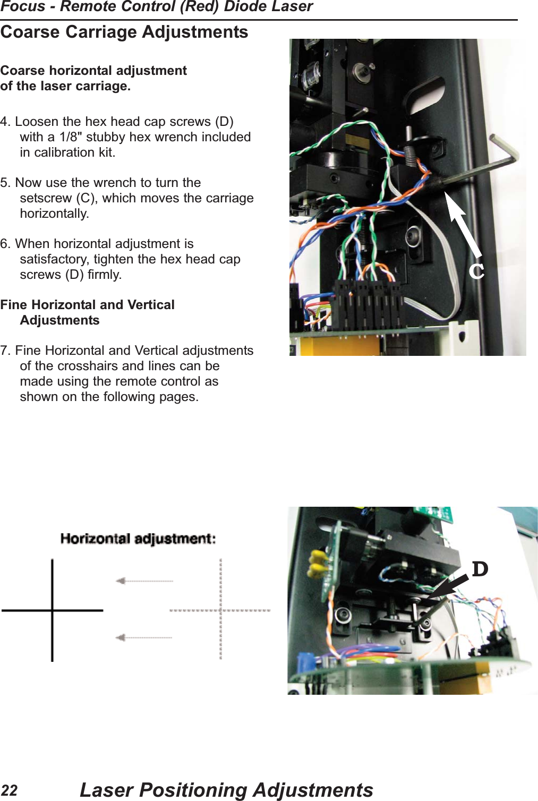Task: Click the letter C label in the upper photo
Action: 476,271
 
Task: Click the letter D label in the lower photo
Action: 480,569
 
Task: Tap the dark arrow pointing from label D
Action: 447,588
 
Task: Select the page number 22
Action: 9,790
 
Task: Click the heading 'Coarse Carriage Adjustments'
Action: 124,32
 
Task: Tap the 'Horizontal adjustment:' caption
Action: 138,539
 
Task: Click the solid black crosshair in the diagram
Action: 52,610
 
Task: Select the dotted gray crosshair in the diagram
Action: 220,610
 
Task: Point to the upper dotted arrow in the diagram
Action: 144,581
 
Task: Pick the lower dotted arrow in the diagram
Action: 144,637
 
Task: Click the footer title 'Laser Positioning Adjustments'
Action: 226,790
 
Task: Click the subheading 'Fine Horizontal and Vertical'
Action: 87,305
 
